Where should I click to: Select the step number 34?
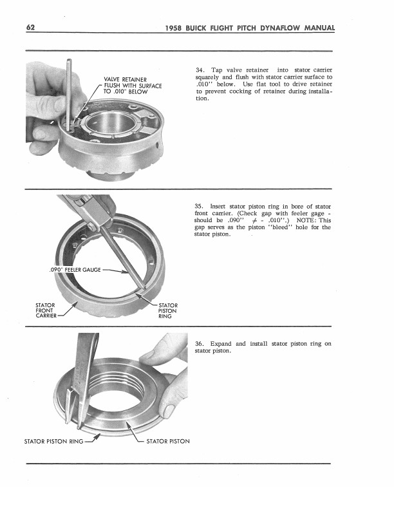[198, 70]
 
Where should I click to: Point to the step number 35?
[198, 205]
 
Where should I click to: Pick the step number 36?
[198, 344]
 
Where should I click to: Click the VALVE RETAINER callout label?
[122, 80]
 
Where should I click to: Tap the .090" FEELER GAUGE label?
[74, 269]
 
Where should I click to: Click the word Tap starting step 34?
[216, 70]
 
